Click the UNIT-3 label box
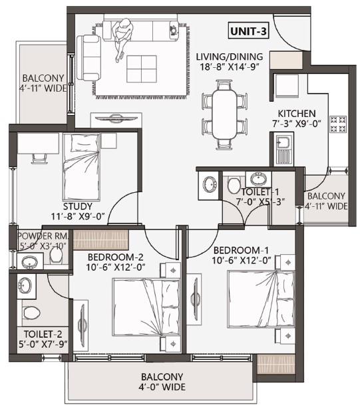(248, 31)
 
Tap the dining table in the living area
(224, 114)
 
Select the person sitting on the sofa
(122, 38)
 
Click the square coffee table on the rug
(142, 69)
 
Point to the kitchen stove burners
(338, 124)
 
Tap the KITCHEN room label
(297, 114)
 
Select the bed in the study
(82, 167)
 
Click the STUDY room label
(78, 206)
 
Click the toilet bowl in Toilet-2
(31, 312)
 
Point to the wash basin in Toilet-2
(25, 285)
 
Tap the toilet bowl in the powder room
(56, 255)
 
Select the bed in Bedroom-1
(261, 299)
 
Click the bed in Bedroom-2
(146, 307)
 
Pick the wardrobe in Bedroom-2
(100, 239)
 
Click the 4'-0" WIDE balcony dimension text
(162, 387)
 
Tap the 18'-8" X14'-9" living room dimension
(230, 67)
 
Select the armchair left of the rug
(89, 58)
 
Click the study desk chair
(39, 158)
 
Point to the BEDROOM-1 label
(241, 251)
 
